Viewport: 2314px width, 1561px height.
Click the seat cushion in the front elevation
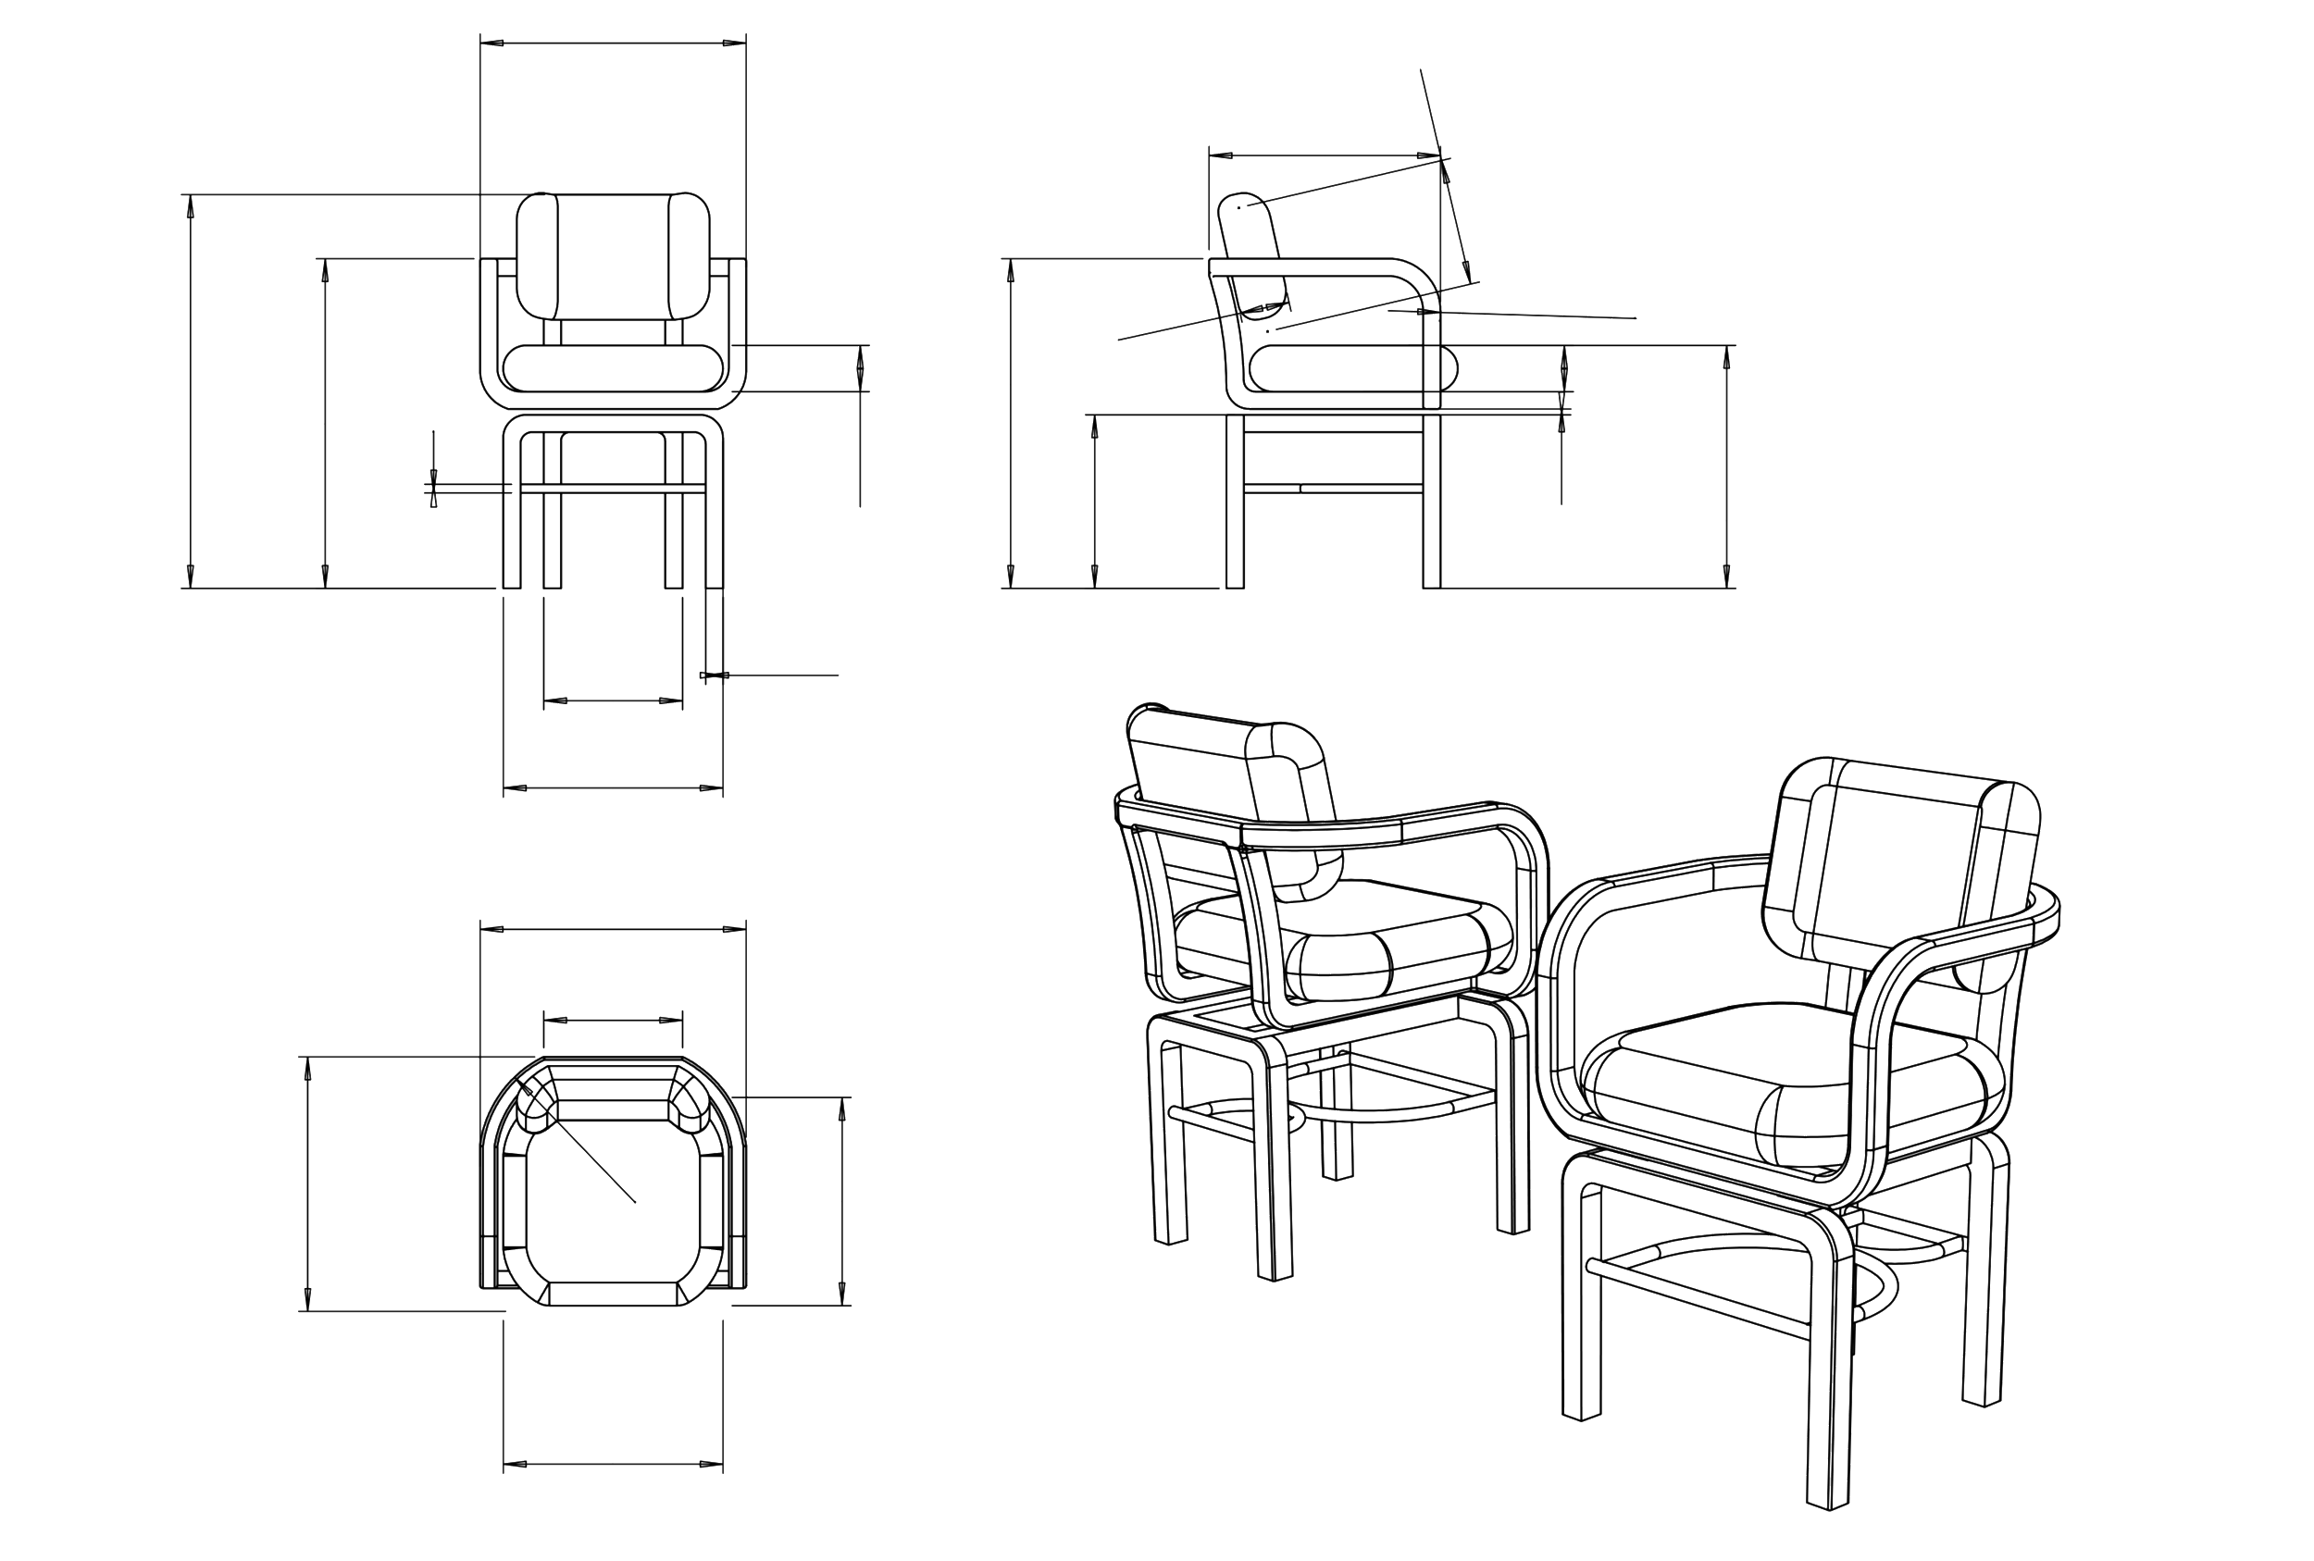(x=613, y=367)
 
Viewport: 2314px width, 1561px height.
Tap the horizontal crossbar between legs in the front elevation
(x=613, y=488)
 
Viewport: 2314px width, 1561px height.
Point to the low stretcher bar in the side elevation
(x=1329, y=488)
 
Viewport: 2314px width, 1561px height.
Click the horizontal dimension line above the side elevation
(x=1325, y=156)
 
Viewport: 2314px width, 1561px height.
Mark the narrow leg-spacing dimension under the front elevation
(x=613, y=700)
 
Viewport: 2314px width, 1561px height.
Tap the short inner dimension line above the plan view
(x=613, y=1020)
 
